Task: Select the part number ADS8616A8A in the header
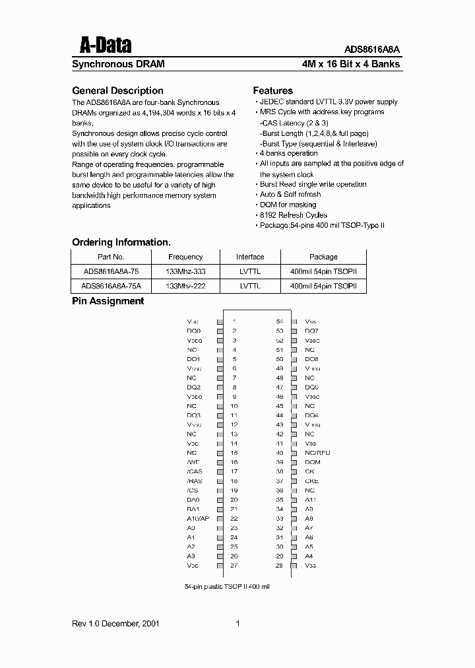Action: click(x=372, y=49)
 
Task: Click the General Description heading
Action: click(x=117, y=90)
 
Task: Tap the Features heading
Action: click(x=273, y=90)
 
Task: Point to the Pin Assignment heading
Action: click(x=108, y=301)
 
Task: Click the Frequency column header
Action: click(x=185, y=257)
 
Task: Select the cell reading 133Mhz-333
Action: click(x=185, y=271)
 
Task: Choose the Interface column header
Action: click(x=250, y=257)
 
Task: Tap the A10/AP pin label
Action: click(x=197, y=519)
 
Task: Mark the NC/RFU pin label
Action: click(x=317, y=453)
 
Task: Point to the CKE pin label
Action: click(x=311, y=481)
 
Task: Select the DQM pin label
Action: click(x=313, y=462)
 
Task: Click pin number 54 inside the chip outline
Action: click(x=280, y=321)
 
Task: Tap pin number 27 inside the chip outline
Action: click(x=234, y=566)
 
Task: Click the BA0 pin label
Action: click(x=193, y=500)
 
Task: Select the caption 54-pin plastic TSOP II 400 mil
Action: click(x=228, y=586)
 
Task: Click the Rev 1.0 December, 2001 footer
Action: click(x=115, y=624)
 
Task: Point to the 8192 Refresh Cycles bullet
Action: click(x=293, y=215)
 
